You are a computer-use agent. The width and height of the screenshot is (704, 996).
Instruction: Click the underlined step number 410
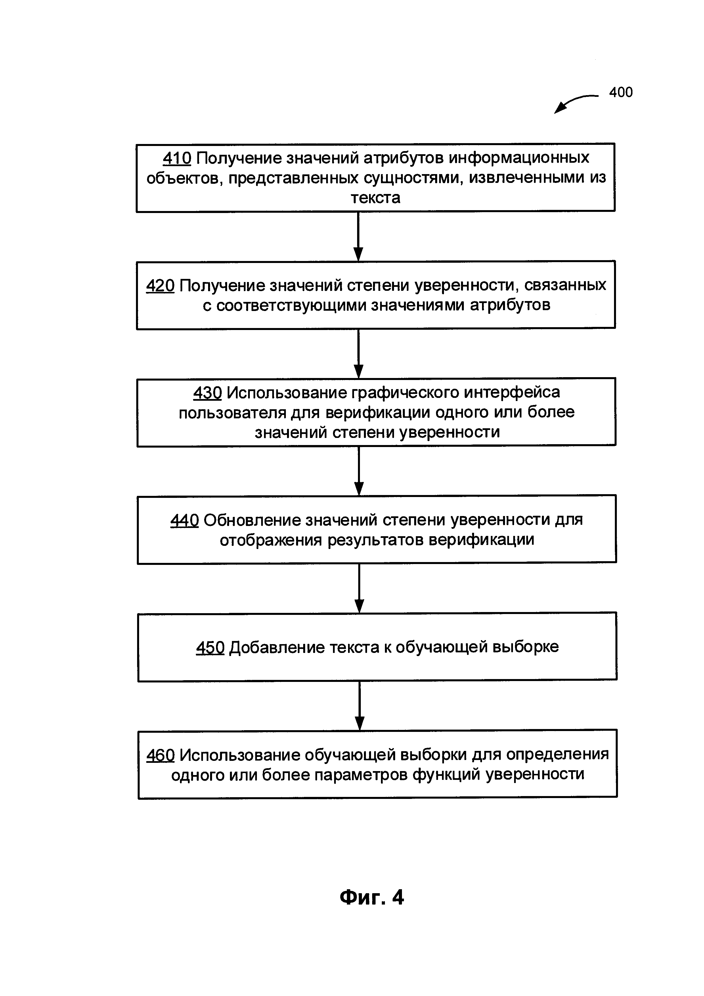click(x=177, y=158)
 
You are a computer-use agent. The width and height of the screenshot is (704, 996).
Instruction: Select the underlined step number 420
click(x=160, y=285)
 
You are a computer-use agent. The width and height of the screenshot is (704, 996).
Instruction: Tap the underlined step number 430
click(x=207, y=392)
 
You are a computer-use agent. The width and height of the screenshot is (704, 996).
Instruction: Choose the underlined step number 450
click(x=210, y=648)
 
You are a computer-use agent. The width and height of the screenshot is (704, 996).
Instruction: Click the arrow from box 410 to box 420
click(x=358, y=236)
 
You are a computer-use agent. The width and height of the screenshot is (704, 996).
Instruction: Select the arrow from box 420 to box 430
click(x=359, y=354)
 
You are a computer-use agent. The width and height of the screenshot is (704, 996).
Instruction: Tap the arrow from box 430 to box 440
click(x=359, y=471)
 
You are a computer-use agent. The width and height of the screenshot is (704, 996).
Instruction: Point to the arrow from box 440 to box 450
click(x=359, y=588)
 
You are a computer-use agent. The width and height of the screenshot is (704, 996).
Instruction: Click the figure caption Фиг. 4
click(x=372, y=897)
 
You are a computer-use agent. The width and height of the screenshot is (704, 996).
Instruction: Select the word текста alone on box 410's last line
click(x=375, y=198)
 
